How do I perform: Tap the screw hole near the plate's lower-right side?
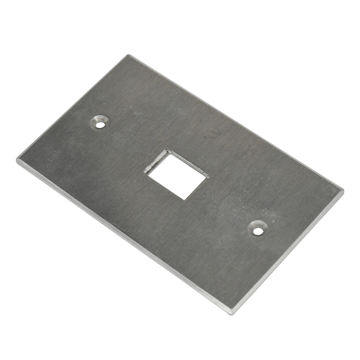257,230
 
